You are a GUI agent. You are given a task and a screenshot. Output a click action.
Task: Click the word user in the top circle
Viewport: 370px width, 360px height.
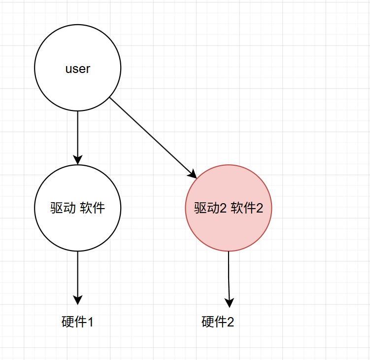77,69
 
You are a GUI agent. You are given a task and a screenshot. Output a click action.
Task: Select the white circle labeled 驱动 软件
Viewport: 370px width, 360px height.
77,227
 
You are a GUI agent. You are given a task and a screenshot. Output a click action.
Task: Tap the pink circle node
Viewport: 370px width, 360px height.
228,232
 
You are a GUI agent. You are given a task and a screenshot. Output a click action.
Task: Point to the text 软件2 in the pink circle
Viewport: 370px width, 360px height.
247,208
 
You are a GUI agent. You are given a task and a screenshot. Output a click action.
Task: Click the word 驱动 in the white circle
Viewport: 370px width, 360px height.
63,208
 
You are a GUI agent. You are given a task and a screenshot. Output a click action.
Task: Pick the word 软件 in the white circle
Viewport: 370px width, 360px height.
92,208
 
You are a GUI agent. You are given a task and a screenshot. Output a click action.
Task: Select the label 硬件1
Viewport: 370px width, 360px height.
77,322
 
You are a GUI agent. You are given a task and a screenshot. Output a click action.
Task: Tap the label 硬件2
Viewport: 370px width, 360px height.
218,322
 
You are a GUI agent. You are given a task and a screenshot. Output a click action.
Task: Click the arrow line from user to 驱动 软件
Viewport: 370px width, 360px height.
77,133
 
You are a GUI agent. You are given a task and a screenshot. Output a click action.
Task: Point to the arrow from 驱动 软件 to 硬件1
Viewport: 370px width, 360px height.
77,274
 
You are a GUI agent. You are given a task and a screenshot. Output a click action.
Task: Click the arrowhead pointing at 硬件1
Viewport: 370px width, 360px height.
77,300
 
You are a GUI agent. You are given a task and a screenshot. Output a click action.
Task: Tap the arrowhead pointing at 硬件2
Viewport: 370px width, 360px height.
229,301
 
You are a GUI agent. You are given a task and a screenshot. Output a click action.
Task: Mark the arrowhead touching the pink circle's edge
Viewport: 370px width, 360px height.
193,174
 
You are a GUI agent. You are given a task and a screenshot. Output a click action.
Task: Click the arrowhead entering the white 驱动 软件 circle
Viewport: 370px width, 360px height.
77,159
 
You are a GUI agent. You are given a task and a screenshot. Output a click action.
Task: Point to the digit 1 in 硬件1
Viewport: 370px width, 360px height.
90,322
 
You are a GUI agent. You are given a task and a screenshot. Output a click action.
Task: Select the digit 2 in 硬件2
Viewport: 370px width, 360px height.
230,322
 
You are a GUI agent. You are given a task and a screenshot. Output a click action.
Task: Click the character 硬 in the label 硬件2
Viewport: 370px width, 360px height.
207,322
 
